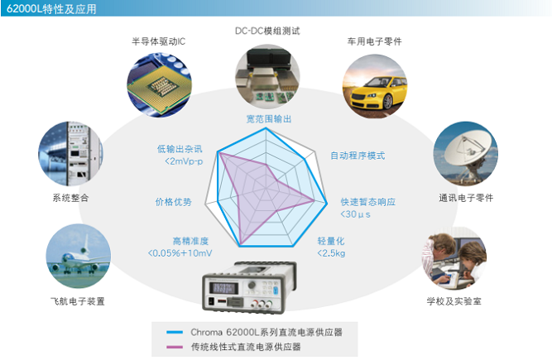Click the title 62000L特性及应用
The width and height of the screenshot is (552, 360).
(51, 8)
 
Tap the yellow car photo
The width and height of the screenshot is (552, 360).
(375, 86)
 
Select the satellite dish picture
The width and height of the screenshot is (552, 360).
(465, 154)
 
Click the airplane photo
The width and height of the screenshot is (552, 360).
(78, 257)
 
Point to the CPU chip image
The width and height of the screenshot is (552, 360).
(159, 84)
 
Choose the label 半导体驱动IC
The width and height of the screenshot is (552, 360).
(158, 41)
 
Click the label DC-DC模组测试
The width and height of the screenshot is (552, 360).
(267, 31)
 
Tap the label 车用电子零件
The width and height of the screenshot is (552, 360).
(375, 41)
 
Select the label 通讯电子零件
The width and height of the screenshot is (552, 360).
(466, 198)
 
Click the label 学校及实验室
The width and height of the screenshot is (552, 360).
(454, 301)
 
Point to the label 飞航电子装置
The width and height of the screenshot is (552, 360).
(78, 301)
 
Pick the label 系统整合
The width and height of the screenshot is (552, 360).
(71, 198)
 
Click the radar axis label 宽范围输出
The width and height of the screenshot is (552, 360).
(269, 119)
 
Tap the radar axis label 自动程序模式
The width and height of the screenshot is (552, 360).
(358, 156)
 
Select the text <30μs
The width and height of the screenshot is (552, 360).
(355, 214)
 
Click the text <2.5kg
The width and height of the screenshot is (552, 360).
(331, 253)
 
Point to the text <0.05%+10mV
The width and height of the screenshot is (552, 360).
(180, 253)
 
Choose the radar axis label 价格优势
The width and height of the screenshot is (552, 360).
(174, 202)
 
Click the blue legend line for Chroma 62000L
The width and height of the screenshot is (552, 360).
(175, 332)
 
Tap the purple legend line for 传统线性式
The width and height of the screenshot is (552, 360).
(175, 347)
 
